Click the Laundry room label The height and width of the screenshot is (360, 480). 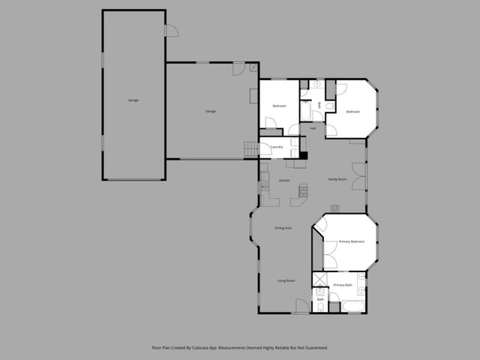276,147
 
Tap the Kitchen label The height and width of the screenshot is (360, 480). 284,181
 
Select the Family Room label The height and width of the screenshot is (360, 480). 337,179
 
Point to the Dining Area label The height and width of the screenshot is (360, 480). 283,227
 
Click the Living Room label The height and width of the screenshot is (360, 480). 286,280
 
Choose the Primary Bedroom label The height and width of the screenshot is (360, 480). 352,241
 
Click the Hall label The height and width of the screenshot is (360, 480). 312,128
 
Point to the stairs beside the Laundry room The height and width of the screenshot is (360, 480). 250,149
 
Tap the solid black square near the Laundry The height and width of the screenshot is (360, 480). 303,155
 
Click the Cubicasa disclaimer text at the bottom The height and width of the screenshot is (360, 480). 240,348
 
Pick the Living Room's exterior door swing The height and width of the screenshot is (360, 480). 301,306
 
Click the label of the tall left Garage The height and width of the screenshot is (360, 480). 133,100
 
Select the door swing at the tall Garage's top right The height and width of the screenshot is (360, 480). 170,31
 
